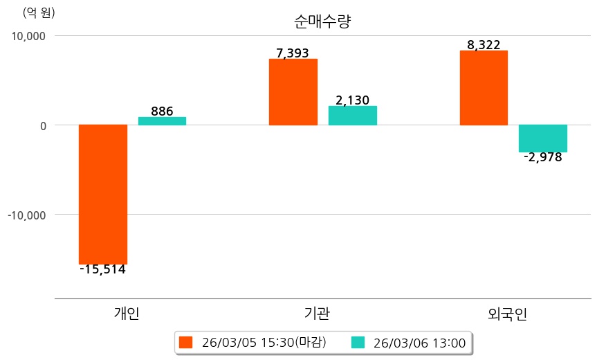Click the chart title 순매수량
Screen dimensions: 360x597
click(322, 21)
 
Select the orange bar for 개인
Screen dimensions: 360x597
click(103, 194)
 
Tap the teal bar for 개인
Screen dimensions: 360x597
click(162, 120)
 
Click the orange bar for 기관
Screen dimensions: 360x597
click(293, 91)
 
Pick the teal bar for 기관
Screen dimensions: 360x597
click(352, 115)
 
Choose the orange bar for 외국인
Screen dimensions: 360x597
click(484, 87)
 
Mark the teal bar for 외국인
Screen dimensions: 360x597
click(543, 138)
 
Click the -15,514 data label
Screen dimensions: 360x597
click(102, 269)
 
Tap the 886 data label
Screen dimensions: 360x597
click(162, 111)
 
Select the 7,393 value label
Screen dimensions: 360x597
click(293, 53)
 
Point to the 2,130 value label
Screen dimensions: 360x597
click(352, 100)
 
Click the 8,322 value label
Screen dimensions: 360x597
click(484, 45)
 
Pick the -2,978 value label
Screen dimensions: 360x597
click(542, 157)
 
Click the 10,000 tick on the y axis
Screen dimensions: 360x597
click(26, 36)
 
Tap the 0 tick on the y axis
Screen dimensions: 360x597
click(42, 125)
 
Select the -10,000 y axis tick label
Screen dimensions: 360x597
click(25, 215)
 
